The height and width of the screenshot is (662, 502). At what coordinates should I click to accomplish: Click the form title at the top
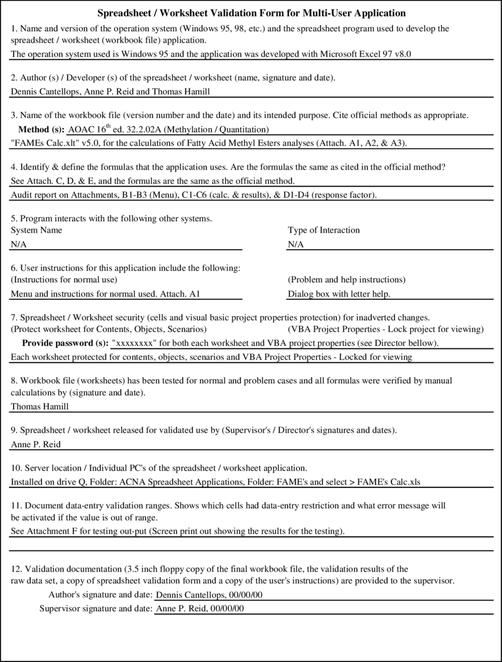251,13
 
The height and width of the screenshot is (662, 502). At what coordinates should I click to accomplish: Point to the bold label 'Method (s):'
41,129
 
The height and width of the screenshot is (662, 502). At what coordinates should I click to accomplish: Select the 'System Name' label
36,230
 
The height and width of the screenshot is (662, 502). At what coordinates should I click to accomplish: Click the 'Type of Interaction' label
324,230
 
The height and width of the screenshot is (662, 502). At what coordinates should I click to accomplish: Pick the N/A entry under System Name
19,244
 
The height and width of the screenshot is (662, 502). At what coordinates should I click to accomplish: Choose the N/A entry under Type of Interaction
296,244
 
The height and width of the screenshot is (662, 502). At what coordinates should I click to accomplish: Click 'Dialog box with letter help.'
339,294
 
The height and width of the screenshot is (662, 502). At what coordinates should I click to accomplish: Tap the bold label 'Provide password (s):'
65,343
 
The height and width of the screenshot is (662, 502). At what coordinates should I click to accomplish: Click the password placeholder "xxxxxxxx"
133,343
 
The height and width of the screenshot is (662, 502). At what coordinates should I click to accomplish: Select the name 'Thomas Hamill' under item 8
40,406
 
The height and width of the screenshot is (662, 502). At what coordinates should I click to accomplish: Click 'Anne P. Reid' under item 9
35,445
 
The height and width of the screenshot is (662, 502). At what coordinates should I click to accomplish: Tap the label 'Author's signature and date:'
100,595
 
